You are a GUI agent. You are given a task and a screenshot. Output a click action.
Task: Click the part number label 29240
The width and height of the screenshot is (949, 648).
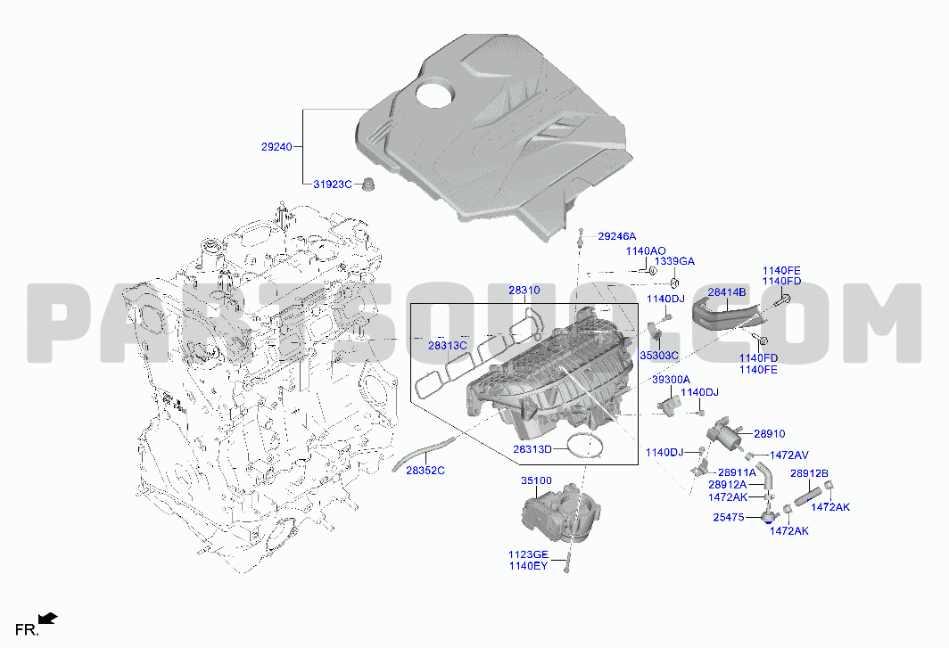pyautogui.click(x=276, y=146)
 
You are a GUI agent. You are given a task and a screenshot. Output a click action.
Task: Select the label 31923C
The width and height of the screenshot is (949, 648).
pyautogui.click(x=333, y=184)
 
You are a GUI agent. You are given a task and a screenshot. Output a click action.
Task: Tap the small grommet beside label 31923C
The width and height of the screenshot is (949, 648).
pyautogui.click(x=367, y=184)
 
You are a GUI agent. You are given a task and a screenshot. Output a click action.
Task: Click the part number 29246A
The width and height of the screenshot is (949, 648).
pyautogui.click(x=616, y=236)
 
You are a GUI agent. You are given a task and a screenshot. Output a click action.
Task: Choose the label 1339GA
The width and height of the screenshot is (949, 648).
pyautogui.click(x=675, y=261)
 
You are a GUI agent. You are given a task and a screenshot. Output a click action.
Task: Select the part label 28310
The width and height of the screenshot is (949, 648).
pyautogui.click(x=524, y=291)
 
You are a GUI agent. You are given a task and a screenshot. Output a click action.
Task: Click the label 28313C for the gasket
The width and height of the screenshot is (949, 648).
pyautogui.click(x=447, y=346)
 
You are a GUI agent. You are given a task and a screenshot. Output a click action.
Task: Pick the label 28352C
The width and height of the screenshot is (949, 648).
pyautogui.click(x=425, y=470)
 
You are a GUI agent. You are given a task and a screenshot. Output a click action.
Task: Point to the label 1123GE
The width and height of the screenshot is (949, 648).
pyautogui.click(x=528, y=554)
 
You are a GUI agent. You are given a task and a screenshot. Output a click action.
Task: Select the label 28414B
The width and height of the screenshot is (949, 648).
pyautogui.click(x=727, y=292)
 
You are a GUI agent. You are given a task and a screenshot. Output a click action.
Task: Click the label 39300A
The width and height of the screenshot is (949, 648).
pyautogui.click(x=671, y=380)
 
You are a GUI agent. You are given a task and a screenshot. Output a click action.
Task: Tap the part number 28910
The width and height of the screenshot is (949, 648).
pyautogui.click(x=769, y=434)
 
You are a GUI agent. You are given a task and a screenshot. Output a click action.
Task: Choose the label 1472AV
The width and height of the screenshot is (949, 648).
pyautogui.click(x=788, y=455)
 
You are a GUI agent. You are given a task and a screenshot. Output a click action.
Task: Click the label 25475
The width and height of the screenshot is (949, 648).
pyautogui.click(x=729, y=517)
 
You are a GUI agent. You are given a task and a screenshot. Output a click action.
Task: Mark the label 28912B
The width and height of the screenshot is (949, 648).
pyautogui.click(x=809, y=473)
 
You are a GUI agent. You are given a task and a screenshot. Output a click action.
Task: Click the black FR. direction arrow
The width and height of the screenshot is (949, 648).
pyautogui.click(x=48, y=618)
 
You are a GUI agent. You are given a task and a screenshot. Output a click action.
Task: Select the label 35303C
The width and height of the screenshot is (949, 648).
pyautogui.click(x=659, y=356)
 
